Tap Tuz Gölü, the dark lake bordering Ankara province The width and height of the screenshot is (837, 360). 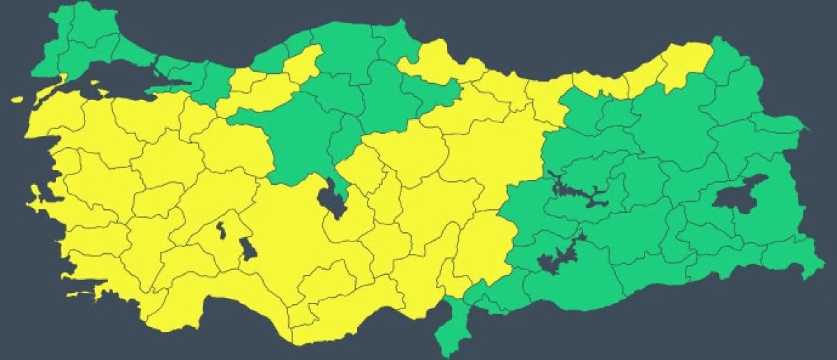click(x=329, y=199)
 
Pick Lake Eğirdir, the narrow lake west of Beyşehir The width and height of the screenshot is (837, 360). click(x=221, y=230)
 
